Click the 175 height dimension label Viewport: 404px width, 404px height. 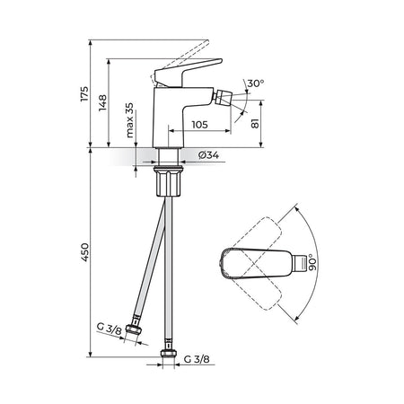[x=84, y=93]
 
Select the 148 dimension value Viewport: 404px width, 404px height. [x=102, y=102]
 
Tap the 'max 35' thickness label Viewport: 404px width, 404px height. [x=129, y=120]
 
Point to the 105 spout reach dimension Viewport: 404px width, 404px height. [x=199, y=124]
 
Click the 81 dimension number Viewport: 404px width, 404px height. [x=255, y=123]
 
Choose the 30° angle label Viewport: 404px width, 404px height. [x=256, y=83]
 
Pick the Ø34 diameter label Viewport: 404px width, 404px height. [x=208, y=155]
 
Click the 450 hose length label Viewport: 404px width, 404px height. [x=85, y=252]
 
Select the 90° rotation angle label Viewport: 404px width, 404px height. [x=312, y=262]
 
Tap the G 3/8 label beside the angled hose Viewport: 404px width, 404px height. [x=110, y=329]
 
